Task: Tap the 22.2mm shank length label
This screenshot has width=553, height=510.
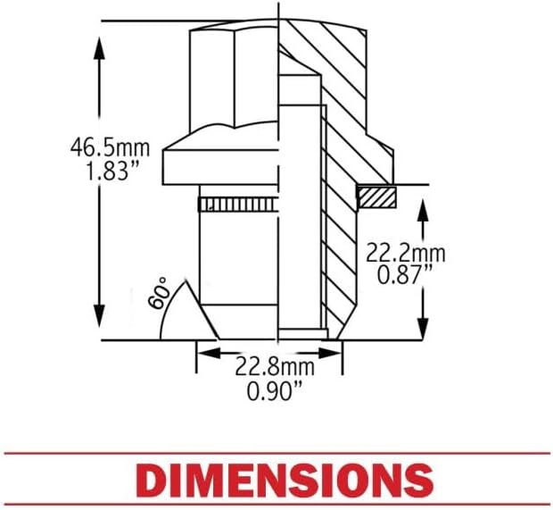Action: pyautogui.click(x=406, y=254)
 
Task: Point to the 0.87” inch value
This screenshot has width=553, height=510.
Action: pyautogui.click(x=406, y=276)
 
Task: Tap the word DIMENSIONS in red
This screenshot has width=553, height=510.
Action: pyautogui.click(x=276, y=480)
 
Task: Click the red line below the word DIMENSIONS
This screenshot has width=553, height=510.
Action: pyautogui.click(x=276, y=505)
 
